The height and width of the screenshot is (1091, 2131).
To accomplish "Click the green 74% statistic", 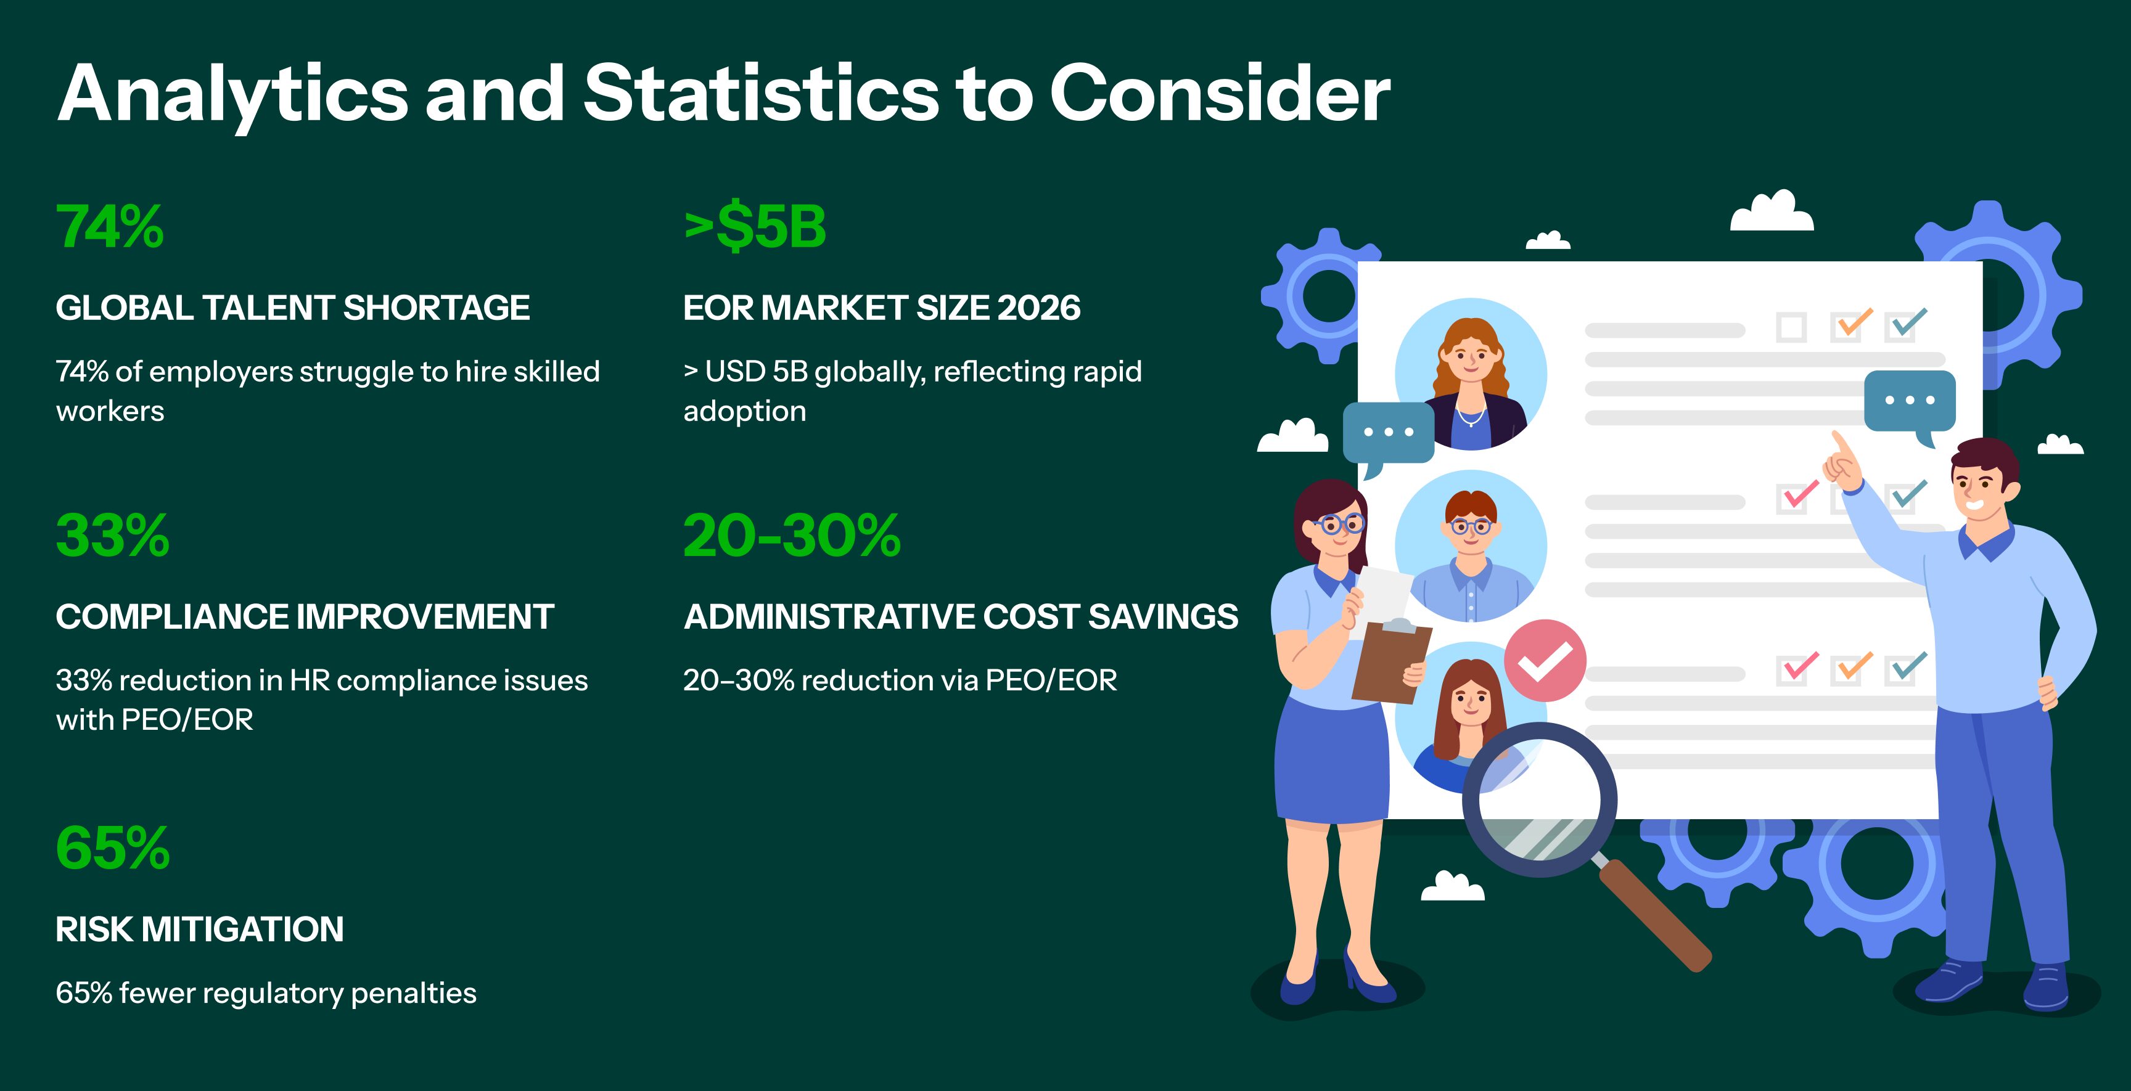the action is pyautogui.click(x=110, y=227).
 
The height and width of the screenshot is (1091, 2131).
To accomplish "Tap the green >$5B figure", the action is pyautogui.click(x=755, y=227).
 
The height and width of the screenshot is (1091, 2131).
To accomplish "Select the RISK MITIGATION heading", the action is pyautogui.click(x=199, y=929).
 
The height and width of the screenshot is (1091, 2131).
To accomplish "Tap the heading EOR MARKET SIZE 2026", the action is pyautogui.click(x=882, y=308).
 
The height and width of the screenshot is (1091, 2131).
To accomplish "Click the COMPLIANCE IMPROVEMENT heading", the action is pyautogui.click(x=305, y=616).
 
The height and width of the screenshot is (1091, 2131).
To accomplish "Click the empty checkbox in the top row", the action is pyautogui.click(x=1791, y=327).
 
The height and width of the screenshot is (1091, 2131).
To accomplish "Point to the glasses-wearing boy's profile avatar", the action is pyautogui.click(x=1471, y=546).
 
